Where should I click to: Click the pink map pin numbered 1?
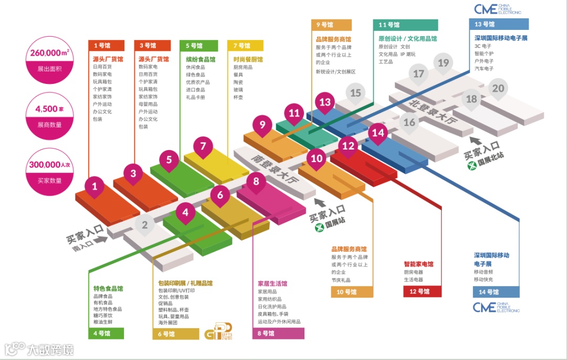coord(94,187)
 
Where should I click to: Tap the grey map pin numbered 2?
coord(145,225)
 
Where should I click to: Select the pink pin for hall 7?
coord(203,147)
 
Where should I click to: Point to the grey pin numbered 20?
coord(498,89)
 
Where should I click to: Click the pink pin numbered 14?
coord(378,133)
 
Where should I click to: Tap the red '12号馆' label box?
coord(422,291)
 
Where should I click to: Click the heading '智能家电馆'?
coord(418,264)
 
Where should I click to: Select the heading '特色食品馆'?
coord(108,288)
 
